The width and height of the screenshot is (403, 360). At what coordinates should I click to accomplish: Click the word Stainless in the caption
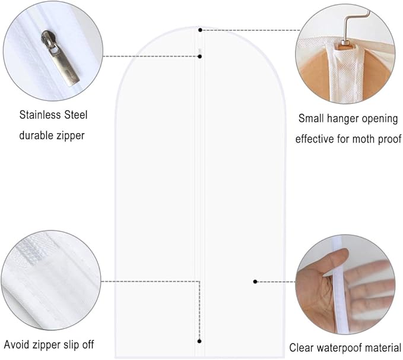point(40,115)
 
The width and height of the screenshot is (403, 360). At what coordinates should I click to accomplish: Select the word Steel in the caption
point(76,115)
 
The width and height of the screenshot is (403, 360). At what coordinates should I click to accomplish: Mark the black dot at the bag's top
point(200,30)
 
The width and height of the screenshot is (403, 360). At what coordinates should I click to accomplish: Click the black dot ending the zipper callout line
point(200,56)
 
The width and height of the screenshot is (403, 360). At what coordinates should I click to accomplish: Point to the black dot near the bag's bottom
point(199,341)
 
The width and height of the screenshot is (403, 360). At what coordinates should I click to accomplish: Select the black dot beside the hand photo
point(255,282)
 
